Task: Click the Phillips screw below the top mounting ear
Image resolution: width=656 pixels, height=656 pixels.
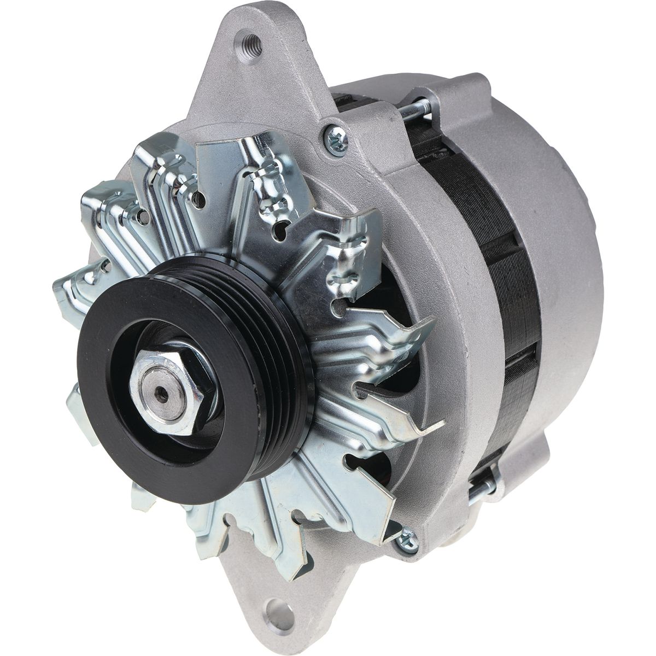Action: pos(335,137)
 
